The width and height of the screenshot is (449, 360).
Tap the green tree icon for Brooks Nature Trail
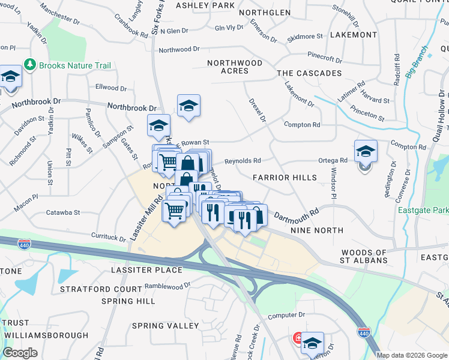(x=28, y=64)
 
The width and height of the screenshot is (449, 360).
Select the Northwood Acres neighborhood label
(x=235, y=67)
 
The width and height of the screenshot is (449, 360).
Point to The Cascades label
(x=309, y=73)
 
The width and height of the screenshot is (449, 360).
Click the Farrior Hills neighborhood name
(x=285, y=178)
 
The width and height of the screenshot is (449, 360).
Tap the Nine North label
(x=316, y=230)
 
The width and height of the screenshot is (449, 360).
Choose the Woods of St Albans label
(x=363, y=257)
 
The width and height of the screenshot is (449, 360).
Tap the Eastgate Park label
(x=423, y=211)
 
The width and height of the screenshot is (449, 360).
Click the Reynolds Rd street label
(x=243, y=161)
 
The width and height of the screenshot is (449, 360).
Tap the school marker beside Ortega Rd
(x=365, y=152)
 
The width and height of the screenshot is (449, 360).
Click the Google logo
(x=20, y=353)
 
